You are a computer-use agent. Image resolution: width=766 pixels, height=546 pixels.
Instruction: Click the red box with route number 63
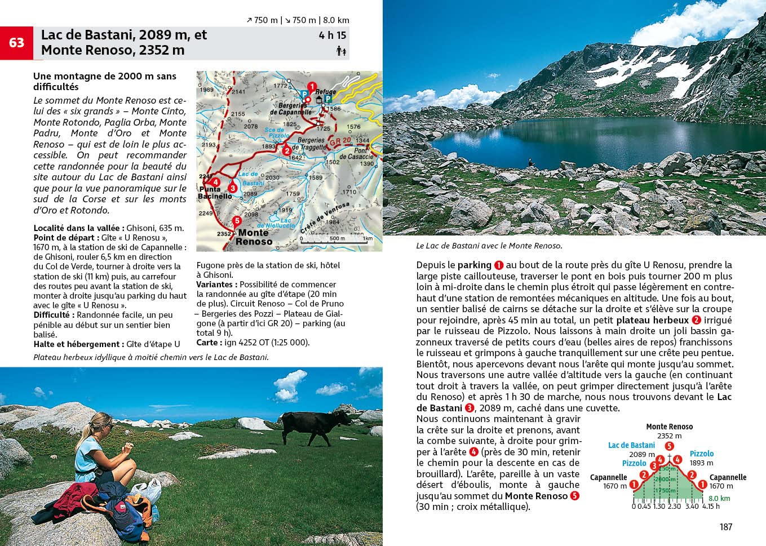pos(16,43)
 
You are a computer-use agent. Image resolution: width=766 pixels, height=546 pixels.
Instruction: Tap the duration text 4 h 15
pos(333,35)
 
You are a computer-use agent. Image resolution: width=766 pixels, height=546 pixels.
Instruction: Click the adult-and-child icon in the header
pos(340,51)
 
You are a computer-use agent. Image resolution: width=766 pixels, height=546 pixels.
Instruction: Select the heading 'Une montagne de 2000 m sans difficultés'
pos(105,81)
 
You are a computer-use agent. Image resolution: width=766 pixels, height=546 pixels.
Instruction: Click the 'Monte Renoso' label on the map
pos(254,237)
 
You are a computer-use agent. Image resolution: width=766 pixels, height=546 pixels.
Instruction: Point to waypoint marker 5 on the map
pos(237,221)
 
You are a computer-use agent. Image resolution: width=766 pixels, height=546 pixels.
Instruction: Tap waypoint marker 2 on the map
pos(287,150)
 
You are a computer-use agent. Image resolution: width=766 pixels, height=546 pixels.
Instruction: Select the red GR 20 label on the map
pos(340,141)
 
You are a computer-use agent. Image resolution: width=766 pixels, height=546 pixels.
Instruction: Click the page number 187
pos(725,527)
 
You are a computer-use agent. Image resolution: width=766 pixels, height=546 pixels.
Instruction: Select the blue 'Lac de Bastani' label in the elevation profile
pos(631,445)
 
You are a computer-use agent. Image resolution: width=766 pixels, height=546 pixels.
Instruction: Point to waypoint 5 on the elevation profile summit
pos(669,446)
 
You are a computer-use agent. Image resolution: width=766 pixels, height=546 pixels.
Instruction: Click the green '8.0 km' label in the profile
pos(719,498)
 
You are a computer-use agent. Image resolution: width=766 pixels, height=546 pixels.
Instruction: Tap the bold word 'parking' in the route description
pos(474,265)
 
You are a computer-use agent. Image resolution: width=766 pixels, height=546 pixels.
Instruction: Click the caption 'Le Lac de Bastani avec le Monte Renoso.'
pos(489,246)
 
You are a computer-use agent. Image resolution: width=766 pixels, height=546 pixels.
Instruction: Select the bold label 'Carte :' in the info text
pos(207,343)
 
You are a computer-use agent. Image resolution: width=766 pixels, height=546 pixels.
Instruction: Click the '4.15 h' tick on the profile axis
pos(711,507)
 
